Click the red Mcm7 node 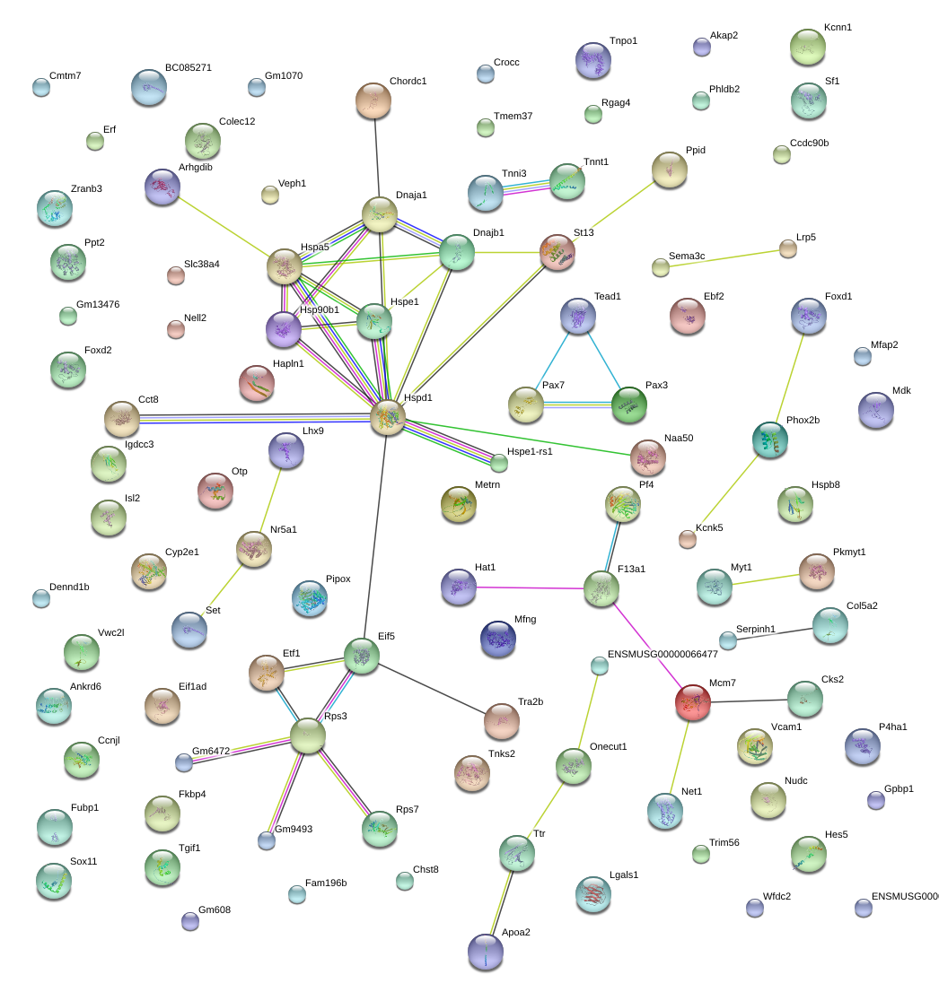[693, 702]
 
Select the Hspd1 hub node [388, 418]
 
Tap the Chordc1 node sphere [373, 100]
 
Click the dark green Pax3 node [629, 405]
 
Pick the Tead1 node [578, 316]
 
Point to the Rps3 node [308, 735]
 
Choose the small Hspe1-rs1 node [500, 464]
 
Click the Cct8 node [121, 419]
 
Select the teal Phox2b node [770, 439]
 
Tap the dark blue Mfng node [498, 639]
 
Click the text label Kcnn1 [838, 27]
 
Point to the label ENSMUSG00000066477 [663, 654]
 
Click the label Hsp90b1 [320, 310]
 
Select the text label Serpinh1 [756, 629]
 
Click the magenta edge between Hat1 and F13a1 [530, 587]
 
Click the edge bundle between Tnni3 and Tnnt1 [527, 187]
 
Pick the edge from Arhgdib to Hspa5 [224, 228]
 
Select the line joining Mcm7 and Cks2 [749, 701]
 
